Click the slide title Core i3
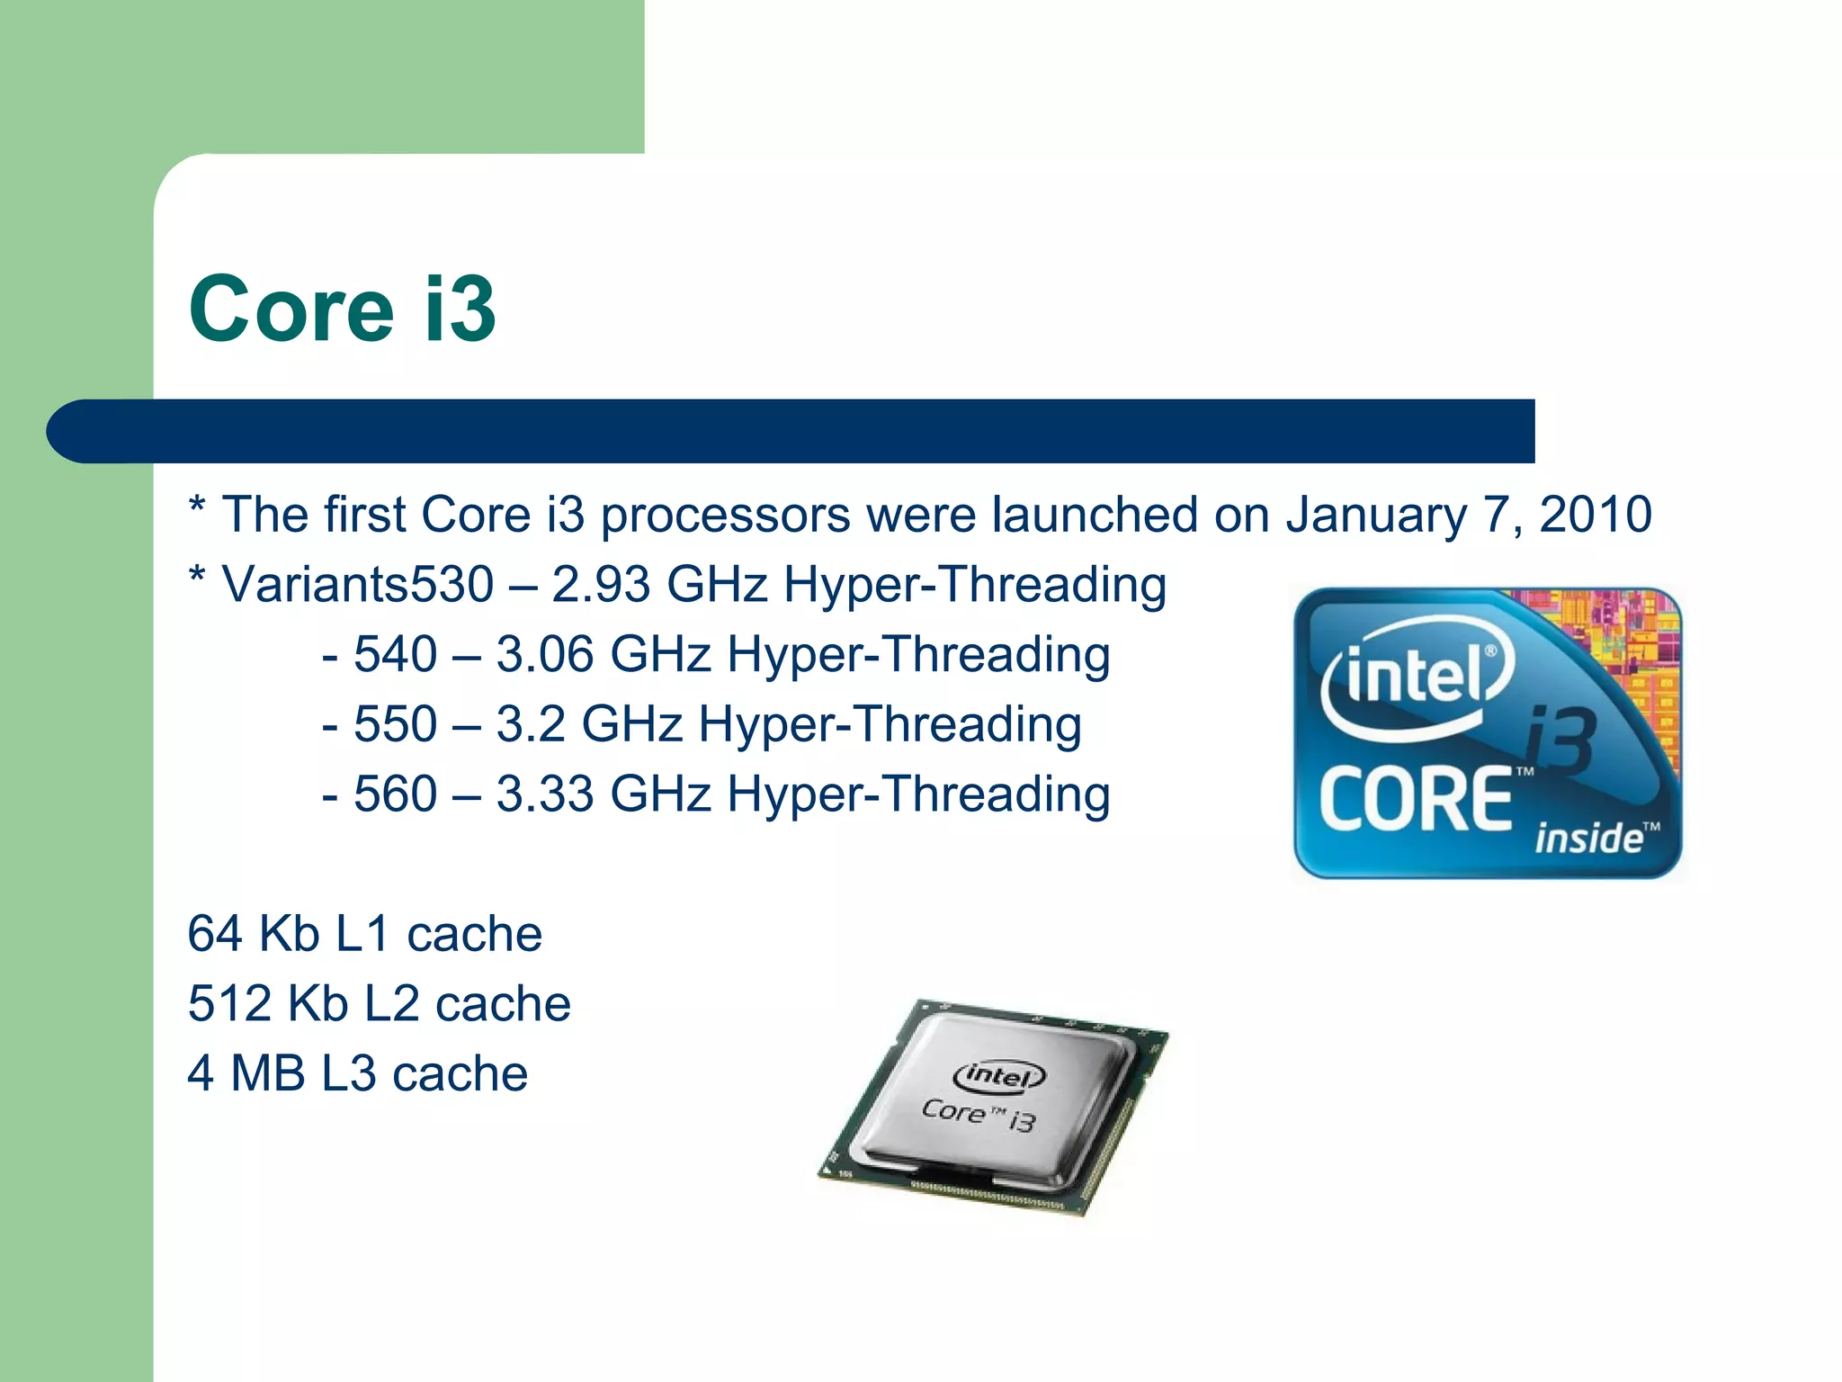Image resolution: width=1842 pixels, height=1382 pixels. tap(342, 309)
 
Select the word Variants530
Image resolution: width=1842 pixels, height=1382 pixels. tap(357, 585)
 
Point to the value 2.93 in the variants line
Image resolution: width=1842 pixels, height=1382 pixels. tap(600, 585)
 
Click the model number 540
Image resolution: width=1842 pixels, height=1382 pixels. tap(395, 654)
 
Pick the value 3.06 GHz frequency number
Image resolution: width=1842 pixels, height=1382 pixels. tap(545, 654)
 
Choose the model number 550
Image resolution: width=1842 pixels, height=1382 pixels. tap(395, 724)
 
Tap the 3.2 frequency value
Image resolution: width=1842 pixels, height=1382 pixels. tap(531, 724)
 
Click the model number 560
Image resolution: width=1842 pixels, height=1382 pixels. tap(395, 794)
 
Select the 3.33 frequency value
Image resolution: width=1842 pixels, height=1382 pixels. tap(545, 794)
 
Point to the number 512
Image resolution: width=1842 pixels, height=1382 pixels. tap(229, 1003)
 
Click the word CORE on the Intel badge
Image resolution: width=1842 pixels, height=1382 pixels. tap(1416, 800)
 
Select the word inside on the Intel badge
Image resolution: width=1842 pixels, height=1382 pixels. tap(1588, 839)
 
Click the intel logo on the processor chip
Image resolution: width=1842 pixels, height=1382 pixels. tap(998, 1075)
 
